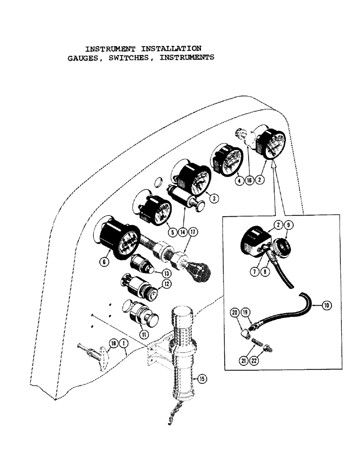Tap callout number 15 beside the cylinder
pos(202,378)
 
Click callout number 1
pos(124,344)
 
